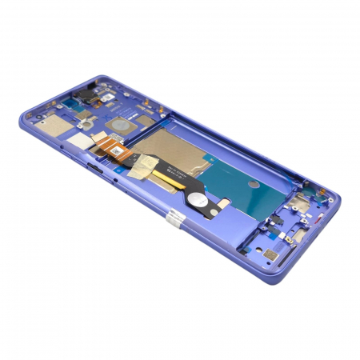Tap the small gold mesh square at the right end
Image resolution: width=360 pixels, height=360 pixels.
[x=270, y=254]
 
